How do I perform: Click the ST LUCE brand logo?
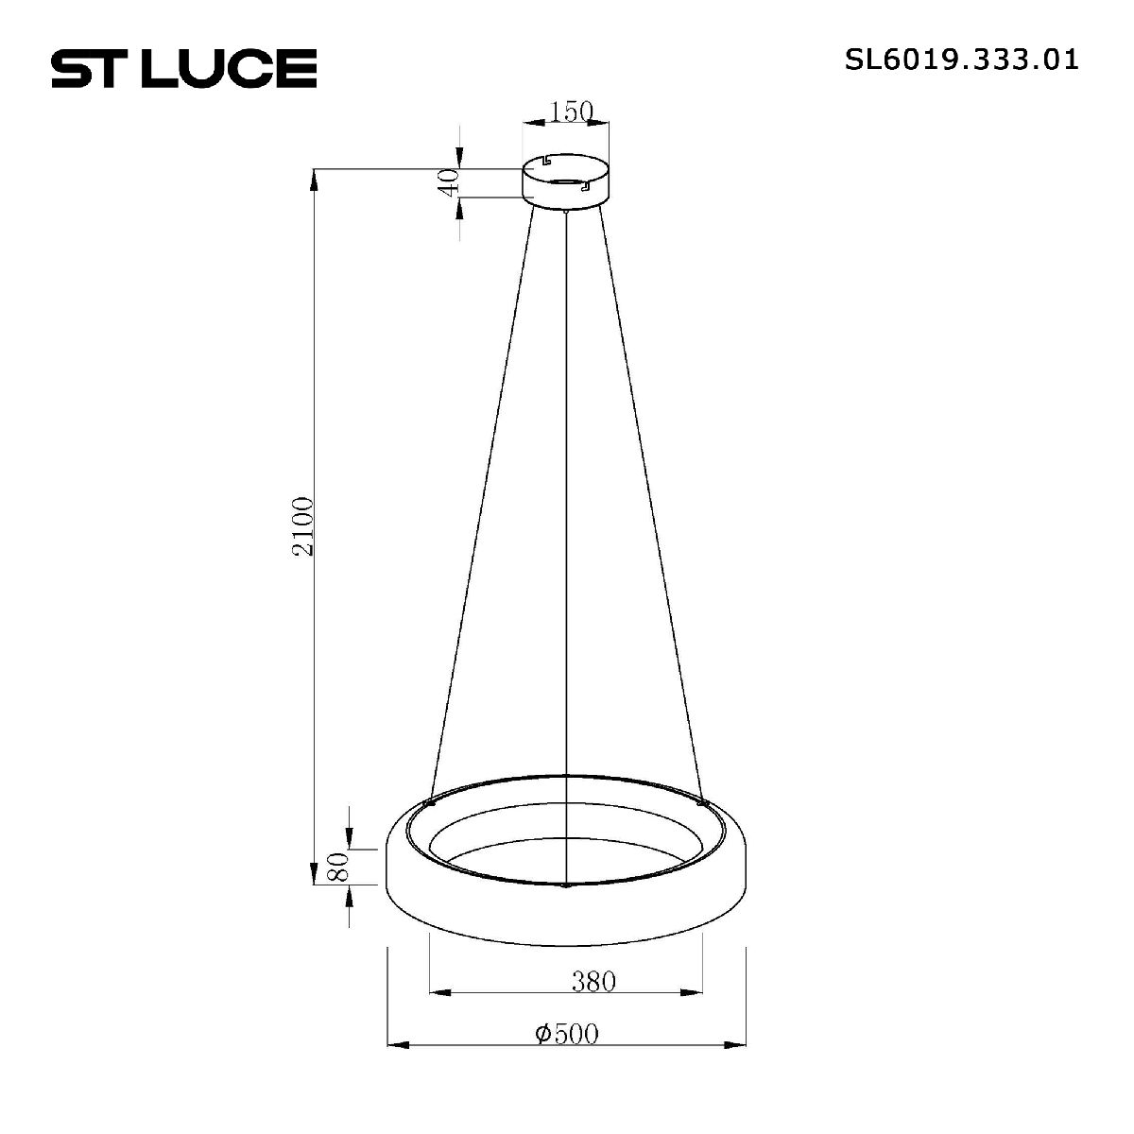pos(183,68)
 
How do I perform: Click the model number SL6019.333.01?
pos(961,61)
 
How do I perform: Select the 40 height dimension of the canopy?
pos(452,180)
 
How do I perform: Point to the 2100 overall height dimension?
pos(303,525)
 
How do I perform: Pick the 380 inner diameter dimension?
pos(593,981)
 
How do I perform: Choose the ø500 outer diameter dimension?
pos(567,1034)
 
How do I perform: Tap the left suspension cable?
pos(482,501)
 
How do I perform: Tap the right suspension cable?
pos(652,501)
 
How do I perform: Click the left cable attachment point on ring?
pos(430,802)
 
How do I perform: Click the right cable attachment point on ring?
pos(702,803)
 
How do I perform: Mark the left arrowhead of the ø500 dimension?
pos(396,1045)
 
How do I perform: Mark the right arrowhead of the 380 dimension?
pos(696,992)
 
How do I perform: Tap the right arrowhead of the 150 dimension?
pos(601,123)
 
